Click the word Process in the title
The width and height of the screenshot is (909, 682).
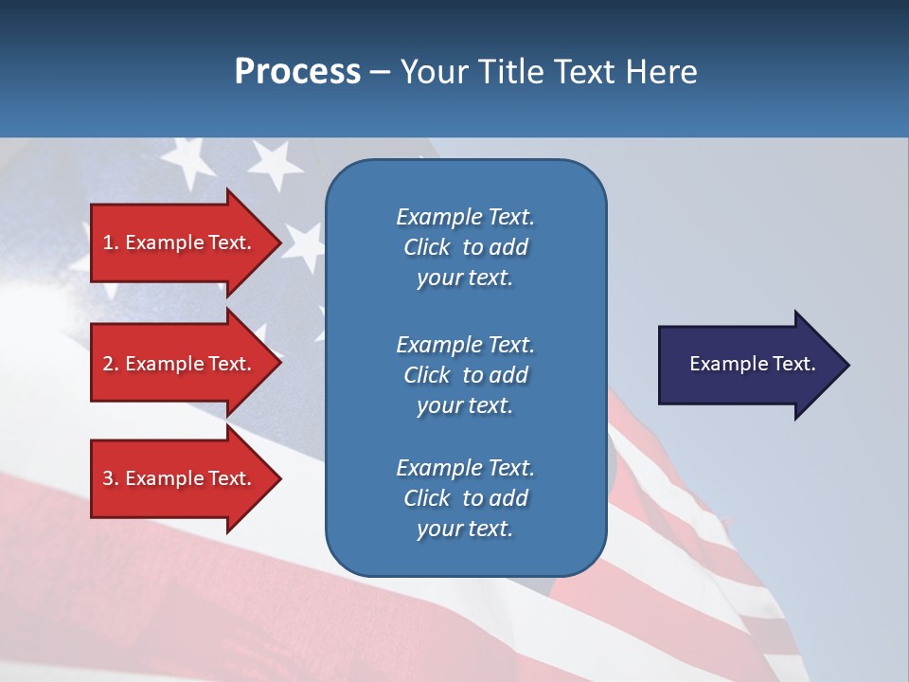click(297, 72)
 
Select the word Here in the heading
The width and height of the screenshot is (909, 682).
click(662, 72)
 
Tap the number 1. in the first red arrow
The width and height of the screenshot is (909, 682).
click(111, 242)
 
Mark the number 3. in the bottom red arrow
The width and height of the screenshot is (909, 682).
click(111, 478)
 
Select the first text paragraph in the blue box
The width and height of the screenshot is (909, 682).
click(465, 247)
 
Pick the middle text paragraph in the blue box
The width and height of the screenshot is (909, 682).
click(465, 375)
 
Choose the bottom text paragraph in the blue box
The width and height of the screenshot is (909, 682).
click(465, 498)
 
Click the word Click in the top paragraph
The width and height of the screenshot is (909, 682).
click(427, 247)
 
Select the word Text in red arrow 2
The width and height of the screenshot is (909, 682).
click(229, 364)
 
